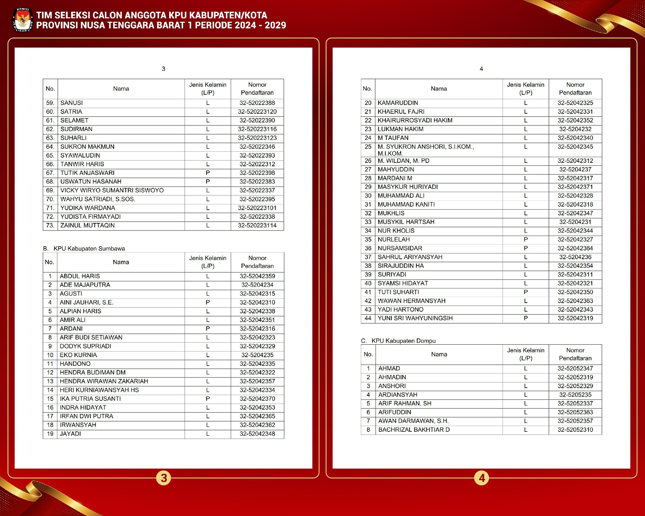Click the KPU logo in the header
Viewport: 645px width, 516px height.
[x=23, y=20]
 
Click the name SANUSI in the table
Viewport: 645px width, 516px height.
[x=71, y=103]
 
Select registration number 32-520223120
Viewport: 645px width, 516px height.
[x=257, y=112]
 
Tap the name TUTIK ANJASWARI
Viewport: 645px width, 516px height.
[x=87, y=173]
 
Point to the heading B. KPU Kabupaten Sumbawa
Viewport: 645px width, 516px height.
[x=84, y=249]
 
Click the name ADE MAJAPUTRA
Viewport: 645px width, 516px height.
[x=85, y=285]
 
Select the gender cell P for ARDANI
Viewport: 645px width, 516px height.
[x=208, y=329]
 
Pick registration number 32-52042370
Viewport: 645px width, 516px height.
[x=257, y=399]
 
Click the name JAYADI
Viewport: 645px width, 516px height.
[x=70, y=434]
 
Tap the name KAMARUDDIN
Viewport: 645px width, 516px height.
[x=398, y=103]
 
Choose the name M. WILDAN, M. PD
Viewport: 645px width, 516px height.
[x=403, y=161]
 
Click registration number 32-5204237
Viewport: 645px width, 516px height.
[x=575, y=170]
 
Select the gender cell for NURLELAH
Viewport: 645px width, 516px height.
[x=525, y=240]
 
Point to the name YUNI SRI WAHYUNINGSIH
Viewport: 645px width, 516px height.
[x=415, y=318]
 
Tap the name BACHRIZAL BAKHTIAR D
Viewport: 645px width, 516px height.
[x=414, y=430]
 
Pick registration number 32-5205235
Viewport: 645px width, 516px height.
[x=575, y=395]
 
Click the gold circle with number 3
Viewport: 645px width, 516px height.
[x=164, y=478]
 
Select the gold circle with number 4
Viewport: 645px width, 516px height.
[x=481, y=478]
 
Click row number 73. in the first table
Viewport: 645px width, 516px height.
[x=50, y=226]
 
